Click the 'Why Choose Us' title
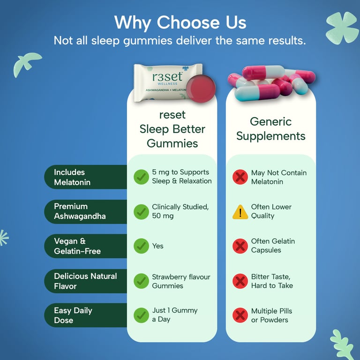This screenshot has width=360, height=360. (180, 22)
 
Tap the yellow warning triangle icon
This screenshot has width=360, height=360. (240, 212)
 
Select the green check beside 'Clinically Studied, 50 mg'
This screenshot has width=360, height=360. (141, 212)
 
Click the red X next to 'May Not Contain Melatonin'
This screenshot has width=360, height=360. (240, 177)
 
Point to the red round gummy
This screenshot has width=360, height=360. (201, 89)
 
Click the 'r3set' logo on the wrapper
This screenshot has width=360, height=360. (167, 77)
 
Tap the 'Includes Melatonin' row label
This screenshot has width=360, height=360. (72, 177)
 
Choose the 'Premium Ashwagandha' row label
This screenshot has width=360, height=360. (80, 211)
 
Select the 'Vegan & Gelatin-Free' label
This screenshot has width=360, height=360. (77, 246)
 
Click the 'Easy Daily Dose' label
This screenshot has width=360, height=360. (73, 315)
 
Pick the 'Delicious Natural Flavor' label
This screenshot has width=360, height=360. (85, 281)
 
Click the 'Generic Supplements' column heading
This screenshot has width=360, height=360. (270, 128)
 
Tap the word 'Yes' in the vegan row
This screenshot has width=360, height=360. (157, 246)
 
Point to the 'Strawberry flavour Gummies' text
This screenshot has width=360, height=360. (181, 281)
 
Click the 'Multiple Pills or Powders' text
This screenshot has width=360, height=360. (271, 315)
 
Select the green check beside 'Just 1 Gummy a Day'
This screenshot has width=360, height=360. (141, 315)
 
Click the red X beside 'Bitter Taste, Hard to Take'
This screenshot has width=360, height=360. (240, 281)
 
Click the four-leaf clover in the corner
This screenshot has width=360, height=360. (342, 28)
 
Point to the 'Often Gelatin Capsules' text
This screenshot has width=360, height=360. (273, 246)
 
